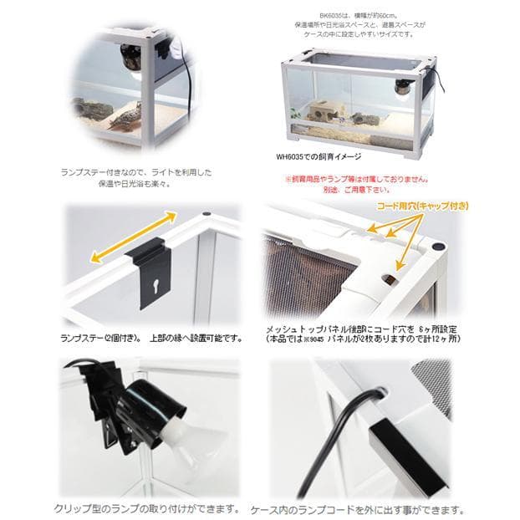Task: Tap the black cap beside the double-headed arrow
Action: click(206, 214)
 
